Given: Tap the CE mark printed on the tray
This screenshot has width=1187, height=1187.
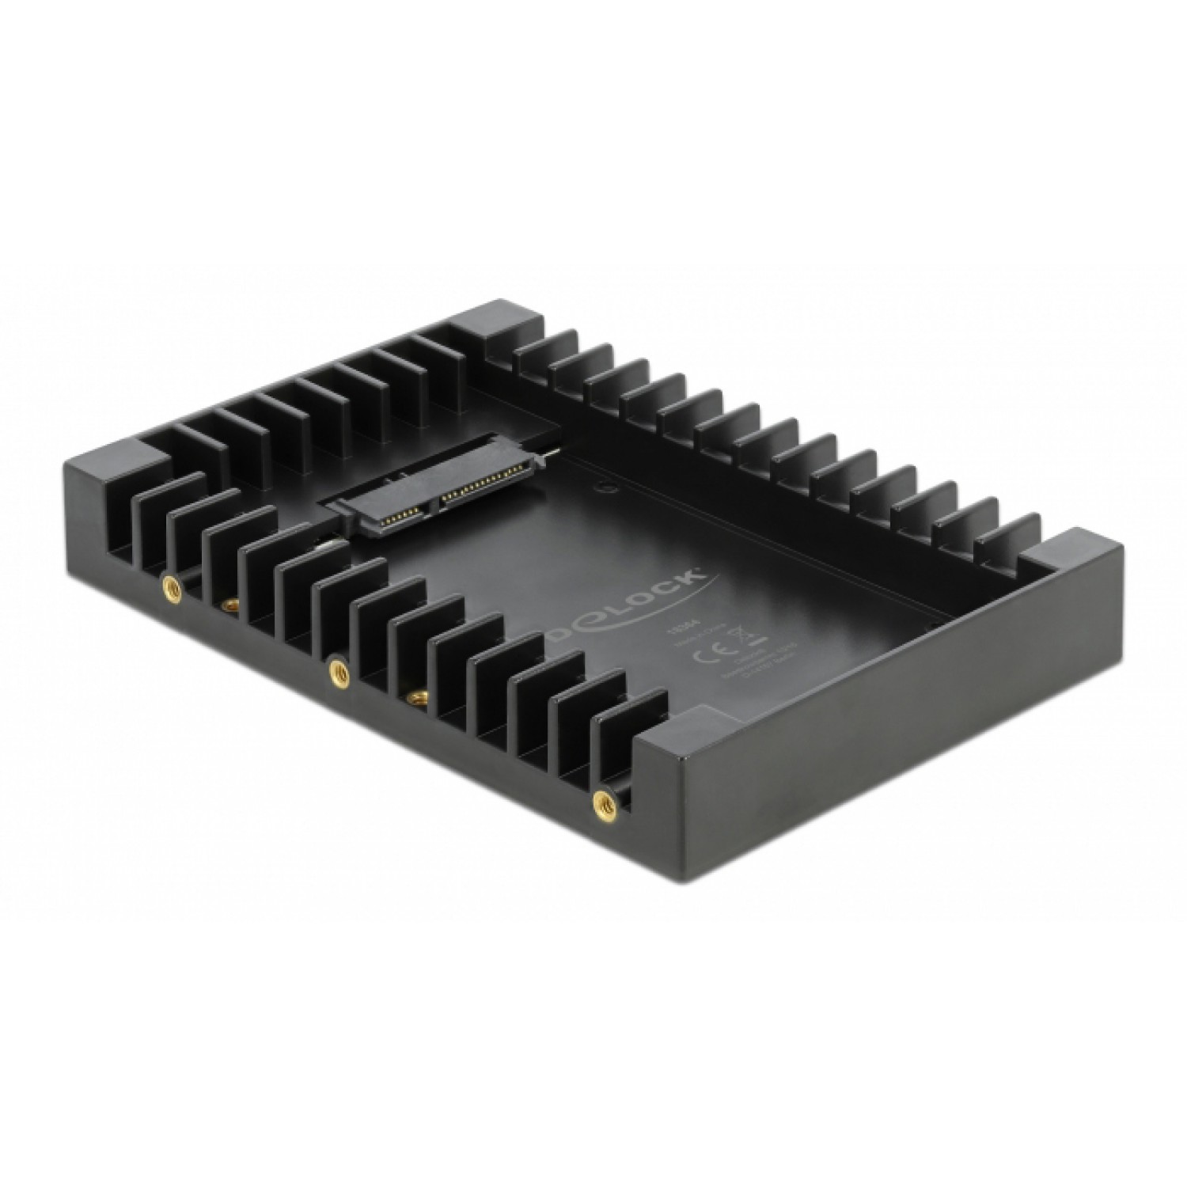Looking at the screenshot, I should [x=706, y=656].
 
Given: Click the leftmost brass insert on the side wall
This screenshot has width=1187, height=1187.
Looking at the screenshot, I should [x=170, y=586].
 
